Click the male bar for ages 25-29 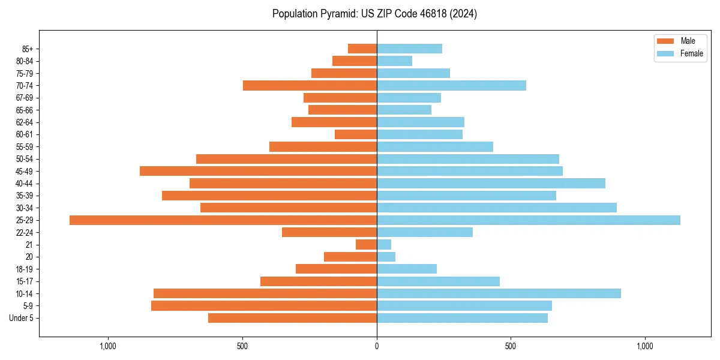pos(223,220)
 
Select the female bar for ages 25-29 pos(529,220)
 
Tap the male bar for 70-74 pos(310,85)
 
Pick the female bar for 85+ pos(409,49)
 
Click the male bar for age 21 pos(366,245)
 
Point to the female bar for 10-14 pos(499,293)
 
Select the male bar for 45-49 pos(258,171)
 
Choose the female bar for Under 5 pos(462,318)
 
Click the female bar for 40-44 pos(491,184)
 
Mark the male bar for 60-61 pos(356,134)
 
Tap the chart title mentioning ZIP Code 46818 pos(374,14)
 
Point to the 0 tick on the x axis pos(377,346)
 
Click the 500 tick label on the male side pos(242,346)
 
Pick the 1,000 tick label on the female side pos(645,346)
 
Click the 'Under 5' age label pos(21,318)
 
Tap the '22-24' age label pos(25,233)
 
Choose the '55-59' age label pos(25,147)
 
